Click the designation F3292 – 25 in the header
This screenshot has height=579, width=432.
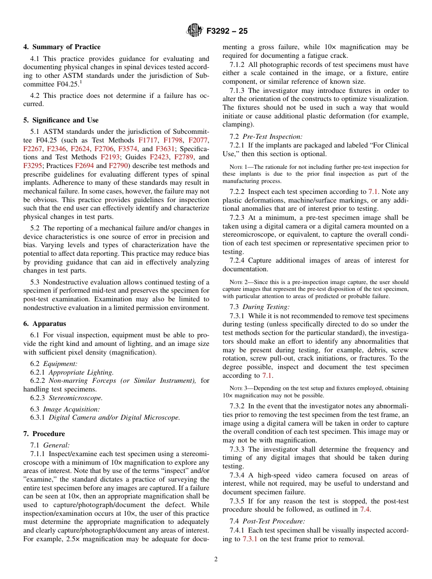[227, 31]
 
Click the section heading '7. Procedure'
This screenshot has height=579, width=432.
[44, 434]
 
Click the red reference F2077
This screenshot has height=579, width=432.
[197, 140]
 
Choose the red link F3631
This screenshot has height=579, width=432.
[165, 149]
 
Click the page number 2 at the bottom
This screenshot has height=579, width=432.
[216, 559]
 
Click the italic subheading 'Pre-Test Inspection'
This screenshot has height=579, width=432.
[272, 137]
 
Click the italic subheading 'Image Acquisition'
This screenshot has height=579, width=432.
[71, 409]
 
